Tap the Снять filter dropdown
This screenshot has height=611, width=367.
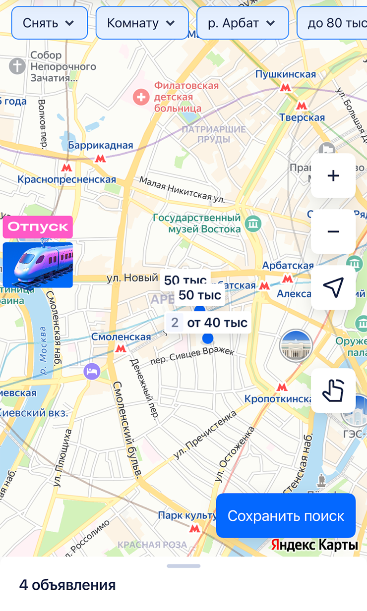tap(49, 23)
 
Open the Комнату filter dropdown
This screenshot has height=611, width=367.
tap(141, 23)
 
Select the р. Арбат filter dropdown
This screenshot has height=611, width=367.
tap(242, 23)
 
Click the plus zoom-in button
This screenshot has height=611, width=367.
tap(333, 175)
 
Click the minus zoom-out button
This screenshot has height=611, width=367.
tap(333, 231)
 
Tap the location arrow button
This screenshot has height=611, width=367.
tap(333, 287)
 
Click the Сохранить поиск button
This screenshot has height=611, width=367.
tap(286, 515)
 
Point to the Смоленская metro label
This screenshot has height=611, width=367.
tap(121, 337)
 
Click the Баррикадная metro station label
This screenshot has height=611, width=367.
tap(101, 145)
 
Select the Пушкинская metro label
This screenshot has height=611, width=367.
tap(285, 74)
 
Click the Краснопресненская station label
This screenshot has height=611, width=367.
tap(66, 179)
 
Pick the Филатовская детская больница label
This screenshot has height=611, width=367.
tap(186, 97)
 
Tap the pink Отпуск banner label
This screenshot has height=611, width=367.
tap(38, 226)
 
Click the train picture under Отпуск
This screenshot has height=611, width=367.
tap(38, 265)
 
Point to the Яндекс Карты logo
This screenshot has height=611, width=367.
tap(314, 545)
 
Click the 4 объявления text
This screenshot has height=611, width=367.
tap(67, 585)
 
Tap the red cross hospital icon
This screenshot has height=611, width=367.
tap(142, 97)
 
